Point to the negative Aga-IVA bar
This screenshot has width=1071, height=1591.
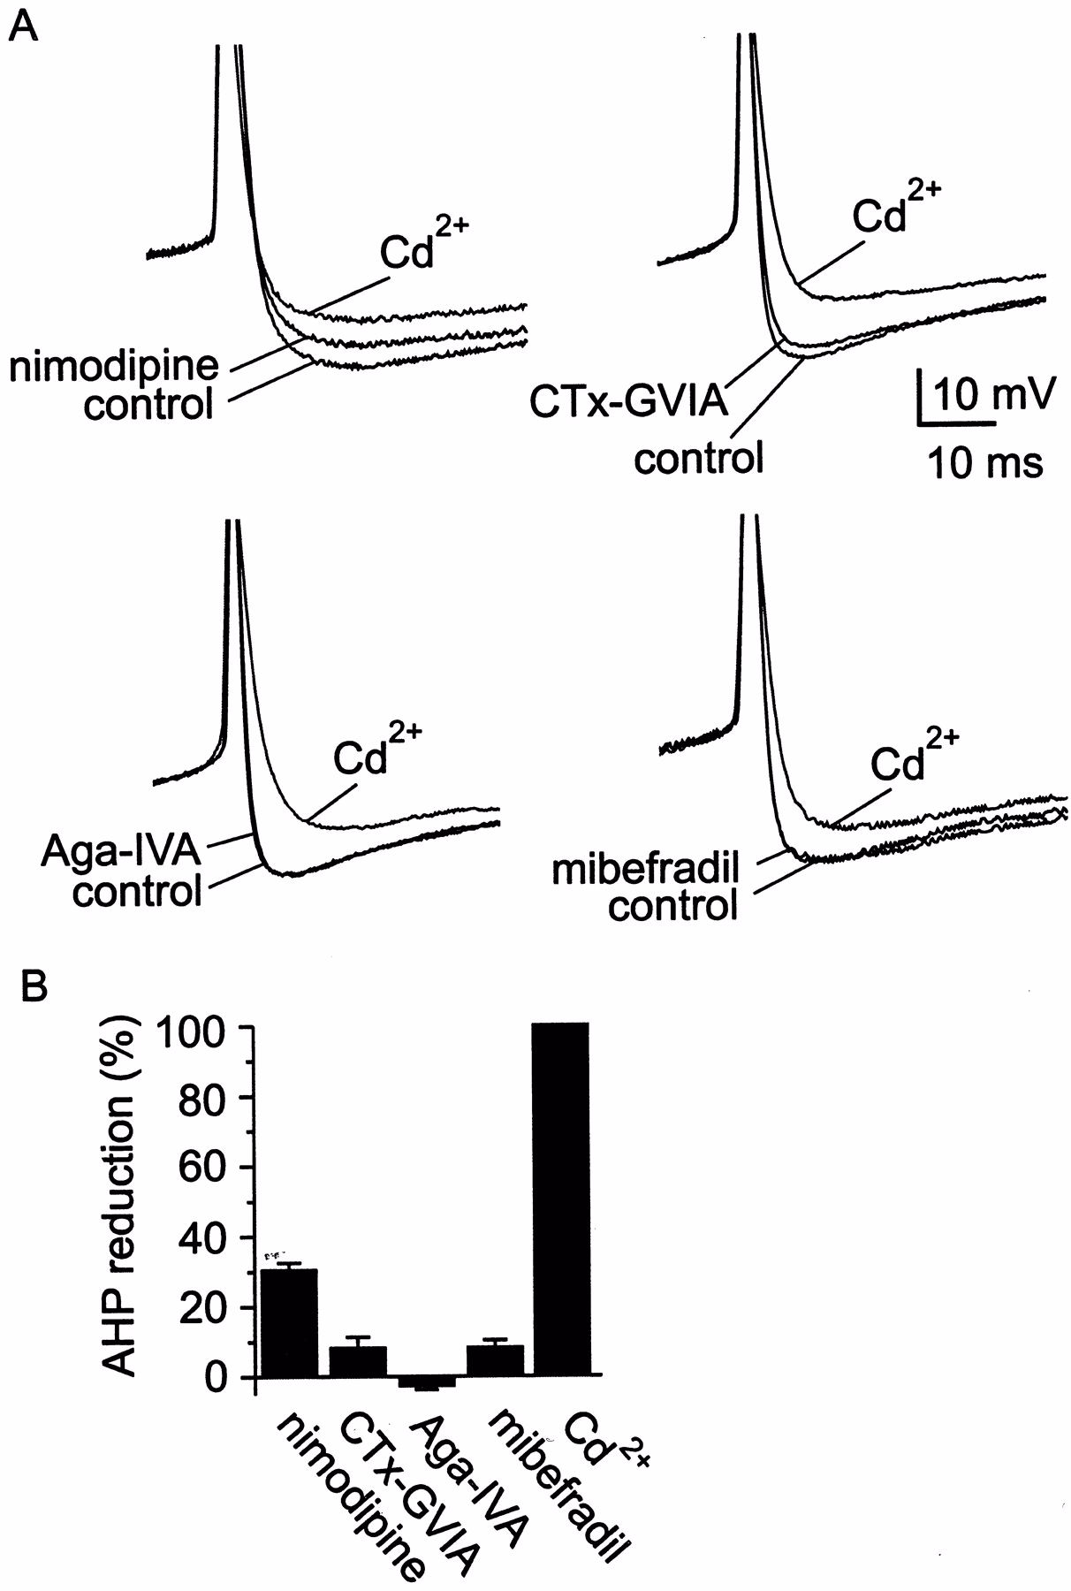[x=427, y=1382]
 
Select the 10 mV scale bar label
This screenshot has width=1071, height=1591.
[x=992, y=395]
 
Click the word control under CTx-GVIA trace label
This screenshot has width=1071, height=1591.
[x=698, y=458]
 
